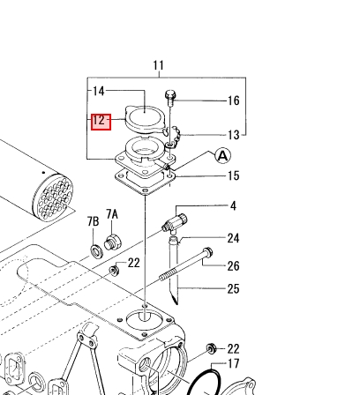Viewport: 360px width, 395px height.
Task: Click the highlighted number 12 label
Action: click(x=101, y=122)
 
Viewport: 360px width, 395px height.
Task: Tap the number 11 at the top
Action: click(x=158, y=65)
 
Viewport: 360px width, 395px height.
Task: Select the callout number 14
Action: click(x=99, y=91)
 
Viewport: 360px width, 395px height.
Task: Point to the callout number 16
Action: click(x=234, y=101)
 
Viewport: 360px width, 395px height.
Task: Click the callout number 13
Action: click(x=234, y=135)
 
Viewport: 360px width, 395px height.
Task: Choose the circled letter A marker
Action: click(x=223, y=155)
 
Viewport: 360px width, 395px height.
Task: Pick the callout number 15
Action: click(x=234, y=175)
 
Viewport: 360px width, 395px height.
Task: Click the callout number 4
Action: click(x=233, y=206)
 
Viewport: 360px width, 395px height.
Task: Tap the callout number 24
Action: click(x=233, y=238)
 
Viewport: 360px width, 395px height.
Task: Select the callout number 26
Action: click(x=233, y=266)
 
